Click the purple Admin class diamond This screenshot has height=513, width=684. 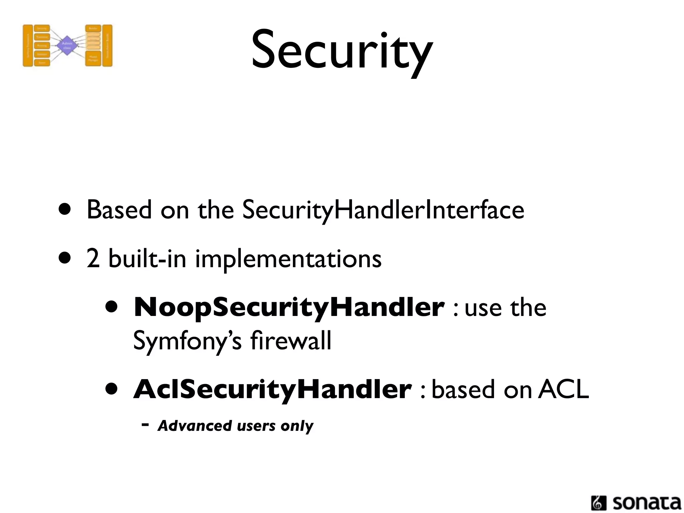67,46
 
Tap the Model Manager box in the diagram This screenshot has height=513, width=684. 93,58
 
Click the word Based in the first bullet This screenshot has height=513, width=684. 119,210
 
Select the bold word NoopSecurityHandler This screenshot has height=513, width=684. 289,308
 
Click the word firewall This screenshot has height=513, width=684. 291,341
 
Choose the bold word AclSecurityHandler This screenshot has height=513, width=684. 272,390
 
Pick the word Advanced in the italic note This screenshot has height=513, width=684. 195,426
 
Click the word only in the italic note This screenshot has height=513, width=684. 297,426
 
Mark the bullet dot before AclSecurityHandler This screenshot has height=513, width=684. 112,389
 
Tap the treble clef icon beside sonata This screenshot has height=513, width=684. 598,503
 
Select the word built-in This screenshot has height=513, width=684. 147,259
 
